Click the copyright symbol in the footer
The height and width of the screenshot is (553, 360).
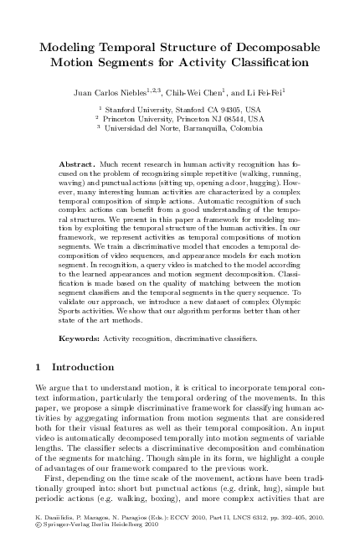tap(38, 540)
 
